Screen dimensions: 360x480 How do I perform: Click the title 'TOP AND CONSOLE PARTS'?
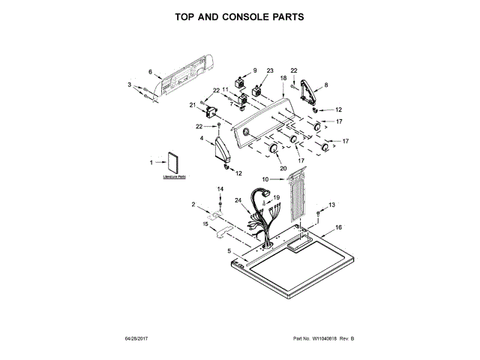[239, 16]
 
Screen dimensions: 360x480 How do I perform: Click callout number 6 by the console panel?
[150, 72]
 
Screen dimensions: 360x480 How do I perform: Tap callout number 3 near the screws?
[129, 85]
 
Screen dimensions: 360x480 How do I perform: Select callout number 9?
[254, 70]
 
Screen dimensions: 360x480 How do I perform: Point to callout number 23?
[270, 70]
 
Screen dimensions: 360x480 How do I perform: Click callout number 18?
[283, 78]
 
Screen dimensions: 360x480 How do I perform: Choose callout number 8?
[325, 85]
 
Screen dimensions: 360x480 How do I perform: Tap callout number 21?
[192, 104]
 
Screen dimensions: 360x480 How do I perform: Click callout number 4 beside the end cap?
[202, 138]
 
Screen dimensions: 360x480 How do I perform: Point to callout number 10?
[265, 179]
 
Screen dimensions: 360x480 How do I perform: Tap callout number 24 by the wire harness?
[238, 200]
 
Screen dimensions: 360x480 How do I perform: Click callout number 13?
[332, 204]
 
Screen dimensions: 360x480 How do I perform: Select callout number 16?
[338, 226]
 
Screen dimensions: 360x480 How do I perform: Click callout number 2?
[193, 205]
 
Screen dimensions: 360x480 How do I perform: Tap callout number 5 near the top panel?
[219, 250]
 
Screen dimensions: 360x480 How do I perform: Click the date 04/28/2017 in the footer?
[137, 340]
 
